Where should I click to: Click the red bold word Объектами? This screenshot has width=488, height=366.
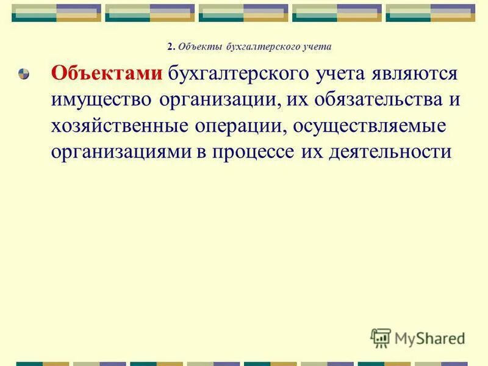coord(107,73)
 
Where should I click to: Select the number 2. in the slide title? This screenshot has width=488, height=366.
coord(170,46)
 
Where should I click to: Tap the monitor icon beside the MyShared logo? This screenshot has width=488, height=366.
coord(381,337)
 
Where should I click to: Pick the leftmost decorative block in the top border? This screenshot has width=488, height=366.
coord(57,13)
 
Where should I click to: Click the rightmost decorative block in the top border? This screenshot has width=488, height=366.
coord(431,13)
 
